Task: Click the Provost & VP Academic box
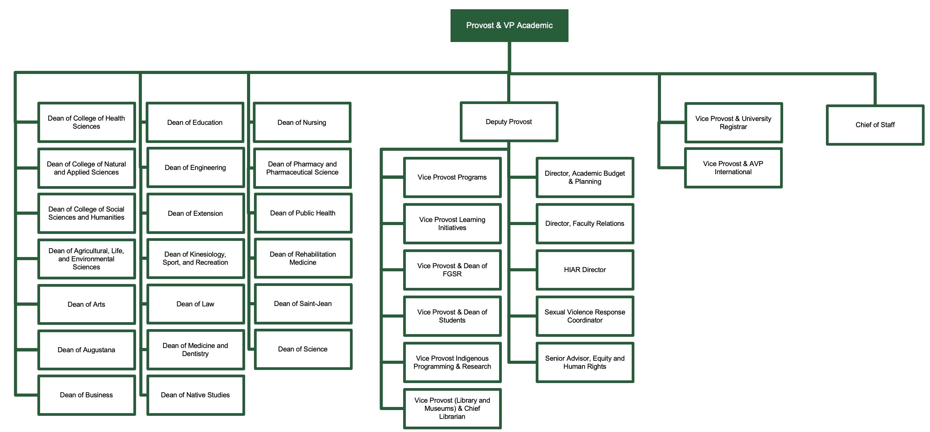coord(509,25)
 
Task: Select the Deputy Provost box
coord(509,122)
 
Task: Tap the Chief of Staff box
coord(875,125)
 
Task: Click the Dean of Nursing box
coord(302,123)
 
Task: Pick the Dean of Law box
coord(195,304)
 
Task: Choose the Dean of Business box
coord(86,395)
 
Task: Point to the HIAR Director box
coord(585,270)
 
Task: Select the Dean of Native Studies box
coord(195,395)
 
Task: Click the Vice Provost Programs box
coord(452,177)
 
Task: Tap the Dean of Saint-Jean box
coord(303,304)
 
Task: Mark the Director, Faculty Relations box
coord(585,224)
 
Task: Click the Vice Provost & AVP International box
coord(733,168)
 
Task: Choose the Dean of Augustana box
coord(86,350)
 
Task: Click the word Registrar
coord(733,127)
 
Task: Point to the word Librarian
coord(452,417)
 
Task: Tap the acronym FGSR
coord(452,274)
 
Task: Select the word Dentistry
coord(195,354)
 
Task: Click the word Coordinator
coord(585,320)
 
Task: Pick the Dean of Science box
coord(303,349)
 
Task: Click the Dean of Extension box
coord(195,213)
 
